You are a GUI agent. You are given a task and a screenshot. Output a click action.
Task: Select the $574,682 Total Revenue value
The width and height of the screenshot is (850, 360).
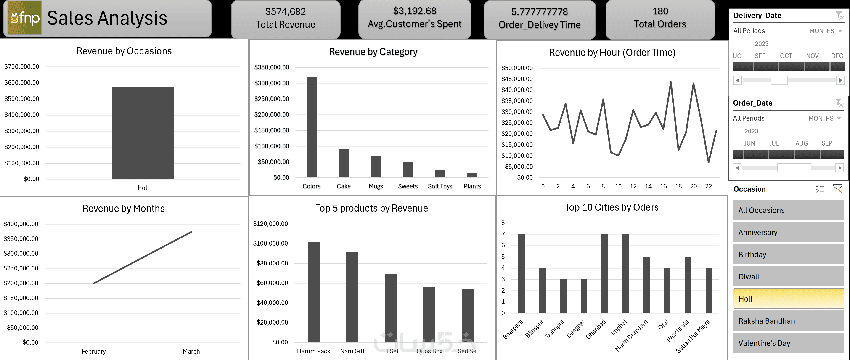pos(285,12)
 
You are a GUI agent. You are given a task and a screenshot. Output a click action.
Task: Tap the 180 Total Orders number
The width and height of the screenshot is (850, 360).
pos(660,11)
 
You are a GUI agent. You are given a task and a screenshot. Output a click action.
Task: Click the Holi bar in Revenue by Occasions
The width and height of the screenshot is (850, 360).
pos(143,133)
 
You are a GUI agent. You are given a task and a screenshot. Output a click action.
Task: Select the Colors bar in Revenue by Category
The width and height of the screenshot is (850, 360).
pos(312,127)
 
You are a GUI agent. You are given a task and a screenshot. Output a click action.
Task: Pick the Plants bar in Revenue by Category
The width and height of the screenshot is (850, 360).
pos(472,175)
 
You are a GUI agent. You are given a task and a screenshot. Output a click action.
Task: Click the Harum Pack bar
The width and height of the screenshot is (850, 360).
pos(313,292)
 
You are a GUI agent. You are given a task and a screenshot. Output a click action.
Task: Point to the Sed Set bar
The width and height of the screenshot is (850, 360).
pos(468,315)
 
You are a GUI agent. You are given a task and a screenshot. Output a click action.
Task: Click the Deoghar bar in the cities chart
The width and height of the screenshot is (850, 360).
pos(584,296)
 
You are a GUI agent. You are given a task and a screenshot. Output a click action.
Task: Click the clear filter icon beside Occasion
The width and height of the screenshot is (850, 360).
pos(837,189)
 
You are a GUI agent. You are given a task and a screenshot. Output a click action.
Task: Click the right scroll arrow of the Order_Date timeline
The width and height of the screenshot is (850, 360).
pos(840,168)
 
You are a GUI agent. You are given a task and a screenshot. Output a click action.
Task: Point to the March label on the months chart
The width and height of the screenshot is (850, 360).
pos(191,351)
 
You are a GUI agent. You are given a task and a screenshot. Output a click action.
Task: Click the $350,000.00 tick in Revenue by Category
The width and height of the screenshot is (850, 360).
pos(272,67)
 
